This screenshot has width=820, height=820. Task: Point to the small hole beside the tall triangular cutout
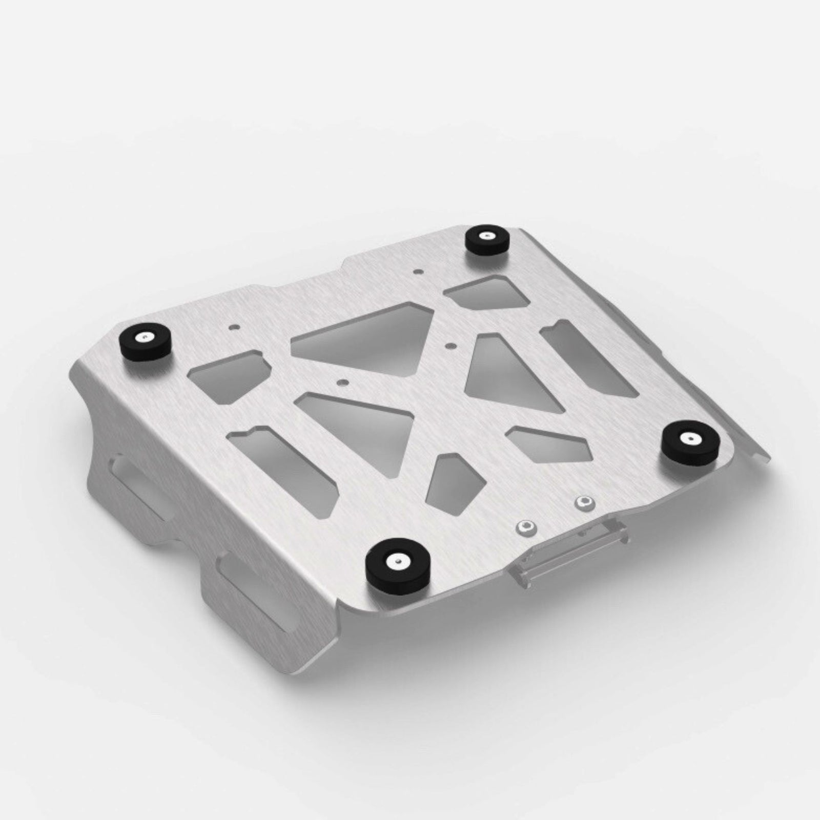click(x=450, y=344)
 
